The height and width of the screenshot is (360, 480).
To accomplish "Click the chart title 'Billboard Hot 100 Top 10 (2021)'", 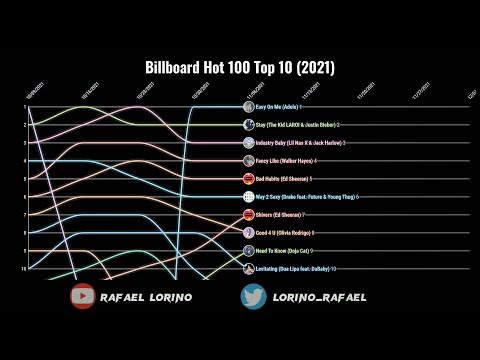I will click(240, 68).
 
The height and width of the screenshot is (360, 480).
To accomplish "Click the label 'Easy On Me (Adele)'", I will click(276, 107).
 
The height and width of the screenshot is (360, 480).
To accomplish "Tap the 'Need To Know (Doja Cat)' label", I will click(281, 251).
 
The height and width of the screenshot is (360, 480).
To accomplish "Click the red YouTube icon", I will click(83, 296).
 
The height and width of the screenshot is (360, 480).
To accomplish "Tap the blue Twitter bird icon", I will click(254, 296).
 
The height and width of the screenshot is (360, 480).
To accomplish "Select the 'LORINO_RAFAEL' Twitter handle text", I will click(318, 297).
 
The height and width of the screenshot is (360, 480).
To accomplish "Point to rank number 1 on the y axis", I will click(24, 107).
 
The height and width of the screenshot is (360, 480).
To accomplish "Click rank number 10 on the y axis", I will click(23, 269).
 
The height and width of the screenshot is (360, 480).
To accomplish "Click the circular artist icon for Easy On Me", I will click(249, 107).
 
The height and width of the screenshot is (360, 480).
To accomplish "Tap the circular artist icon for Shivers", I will click(249, 215).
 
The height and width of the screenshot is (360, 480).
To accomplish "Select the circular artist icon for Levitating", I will click(249, 269).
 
